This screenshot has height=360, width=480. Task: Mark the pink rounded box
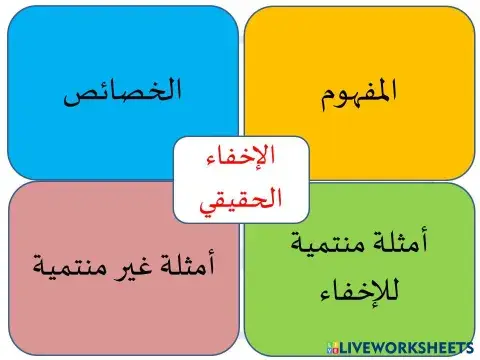[x=60, y=320]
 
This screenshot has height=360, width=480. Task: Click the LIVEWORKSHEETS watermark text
[x=405, y=346]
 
